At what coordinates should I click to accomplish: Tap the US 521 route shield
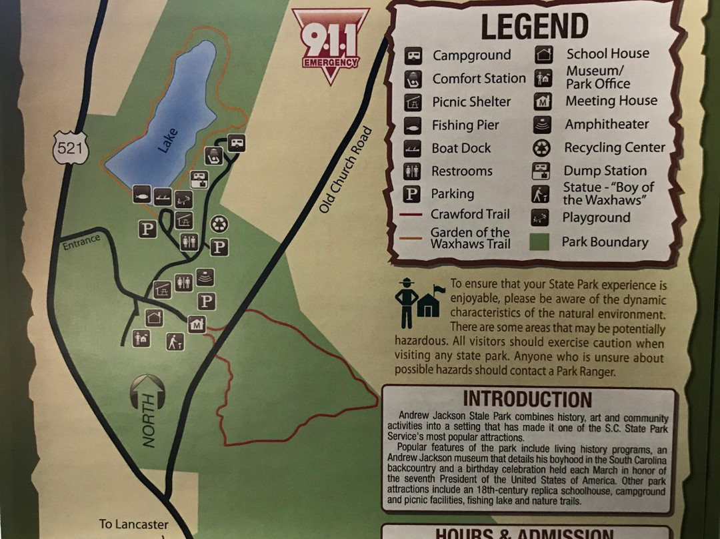click(70, 149)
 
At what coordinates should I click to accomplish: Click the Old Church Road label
click(344, 170)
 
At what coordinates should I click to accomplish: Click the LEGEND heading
click(534, 26)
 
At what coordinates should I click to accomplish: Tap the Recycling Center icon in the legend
click(541, 148)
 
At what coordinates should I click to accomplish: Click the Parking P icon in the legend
click(412, 194)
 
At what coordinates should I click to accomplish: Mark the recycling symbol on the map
click(219, 224)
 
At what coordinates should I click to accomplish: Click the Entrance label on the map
click(81, 242)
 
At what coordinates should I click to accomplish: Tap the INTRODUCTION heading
click(527, 399)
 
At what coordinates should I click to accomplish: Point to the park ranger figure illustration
click(405, 302)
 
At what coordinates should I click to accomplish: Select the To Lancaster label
click(133, 524)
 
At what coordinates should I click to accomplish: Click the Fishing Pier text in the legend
click(465, 125)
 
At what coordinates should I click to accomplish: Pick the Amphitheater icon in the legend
click(541, 125)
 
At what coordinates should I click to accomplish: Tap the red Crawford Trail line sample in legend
click(413, 215)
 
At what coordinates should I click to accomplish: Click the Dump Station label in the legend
click(605, 171)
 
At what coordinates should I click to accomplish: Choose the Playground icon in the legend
click(541, 217)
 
